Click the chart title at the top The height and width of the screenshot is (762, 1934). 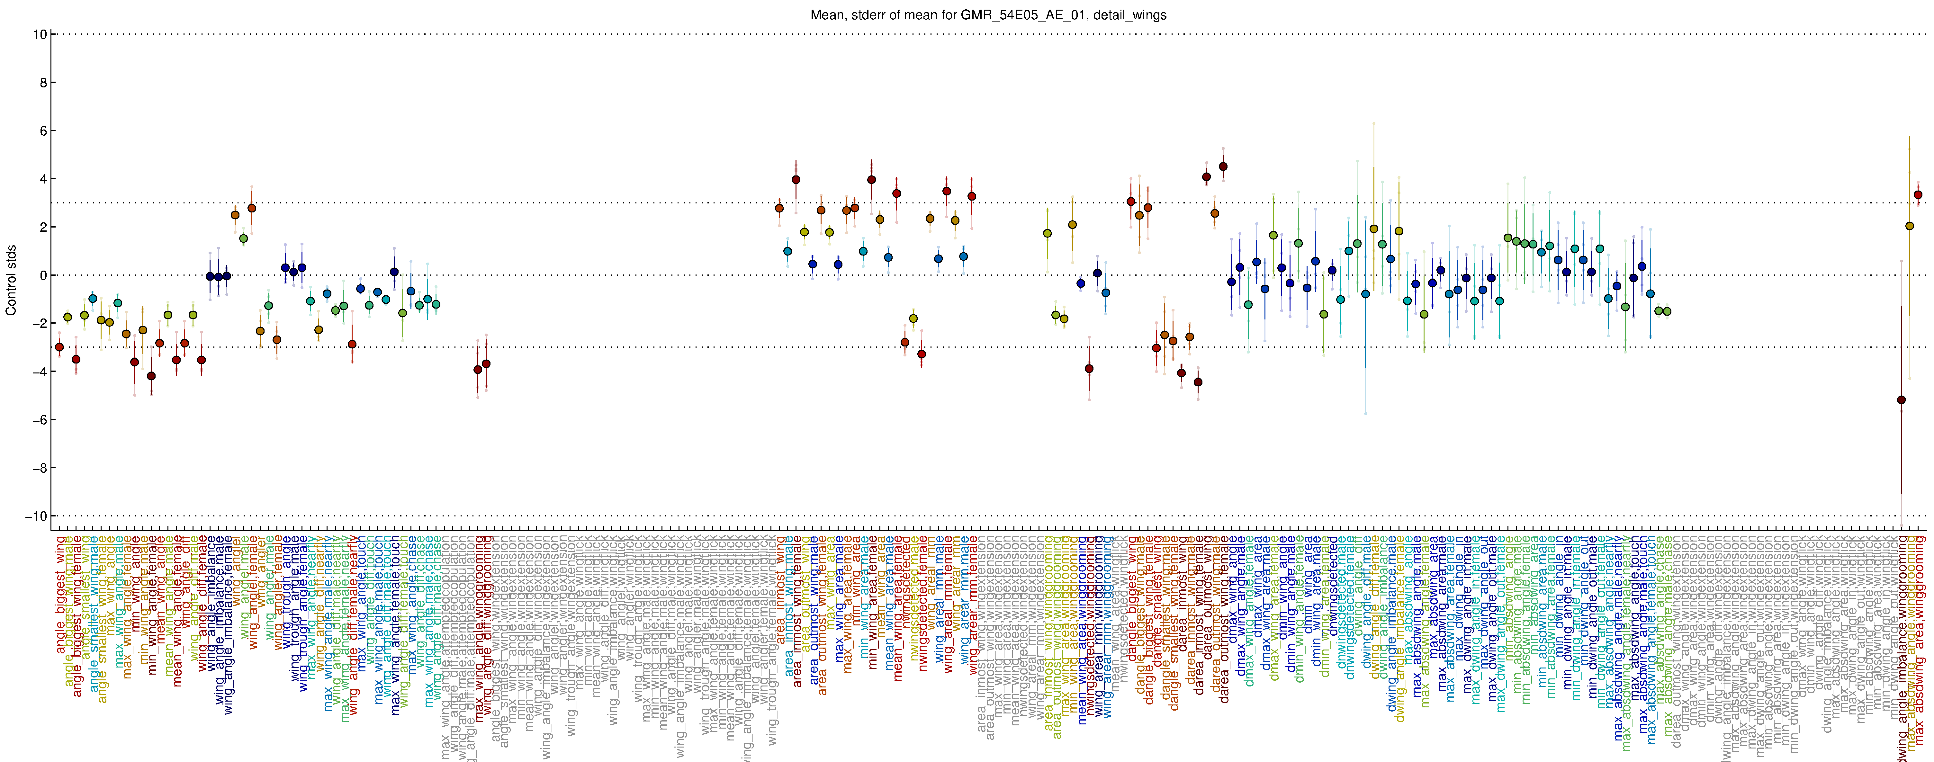pyautogui.click(x=988, y=15)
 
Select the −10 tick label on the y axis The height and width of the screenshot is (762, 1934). pyautogui.click(x=35, y=516)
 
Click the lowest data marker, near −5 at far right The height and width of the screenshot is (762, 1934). pyautogui.click(x=1901, y=400)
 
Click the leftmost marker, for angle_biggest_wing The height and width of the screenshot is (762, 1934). pyautogui.click(x=59, y=347)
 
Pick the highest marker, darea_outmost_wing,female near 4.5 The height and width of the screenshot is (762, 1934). pyautogui.click(x=1223, y=167)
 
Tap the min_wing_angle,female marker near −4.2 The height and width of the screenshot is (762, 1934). pyautogui.click(x=151, y=376)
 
